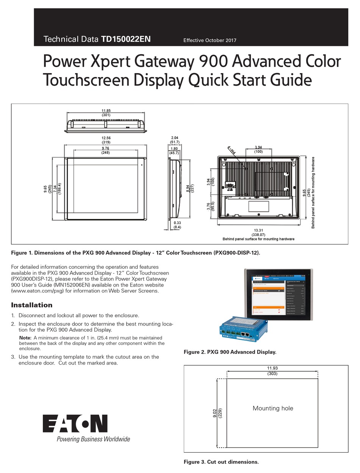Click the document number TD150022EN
[126, 39]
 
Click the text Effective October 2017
[210, 40]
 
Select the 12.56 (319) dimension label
[106, 140]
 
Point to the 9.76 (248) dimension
[106, 150]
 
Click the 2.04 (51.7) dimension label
[175, 140]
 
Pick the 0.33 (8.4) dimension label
[177, 225]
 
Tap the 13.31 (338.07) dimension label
[258, 232]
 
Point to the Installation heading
[32, 305]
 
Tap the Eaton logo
[75, 424]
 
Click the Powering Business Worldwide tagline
[93, 439]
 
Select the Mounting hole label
[273, 408]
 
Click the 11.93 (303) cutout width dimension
[272, 371]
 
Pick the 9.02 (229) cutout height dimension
[217, 413]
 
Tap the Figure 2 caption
[230, 352]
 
